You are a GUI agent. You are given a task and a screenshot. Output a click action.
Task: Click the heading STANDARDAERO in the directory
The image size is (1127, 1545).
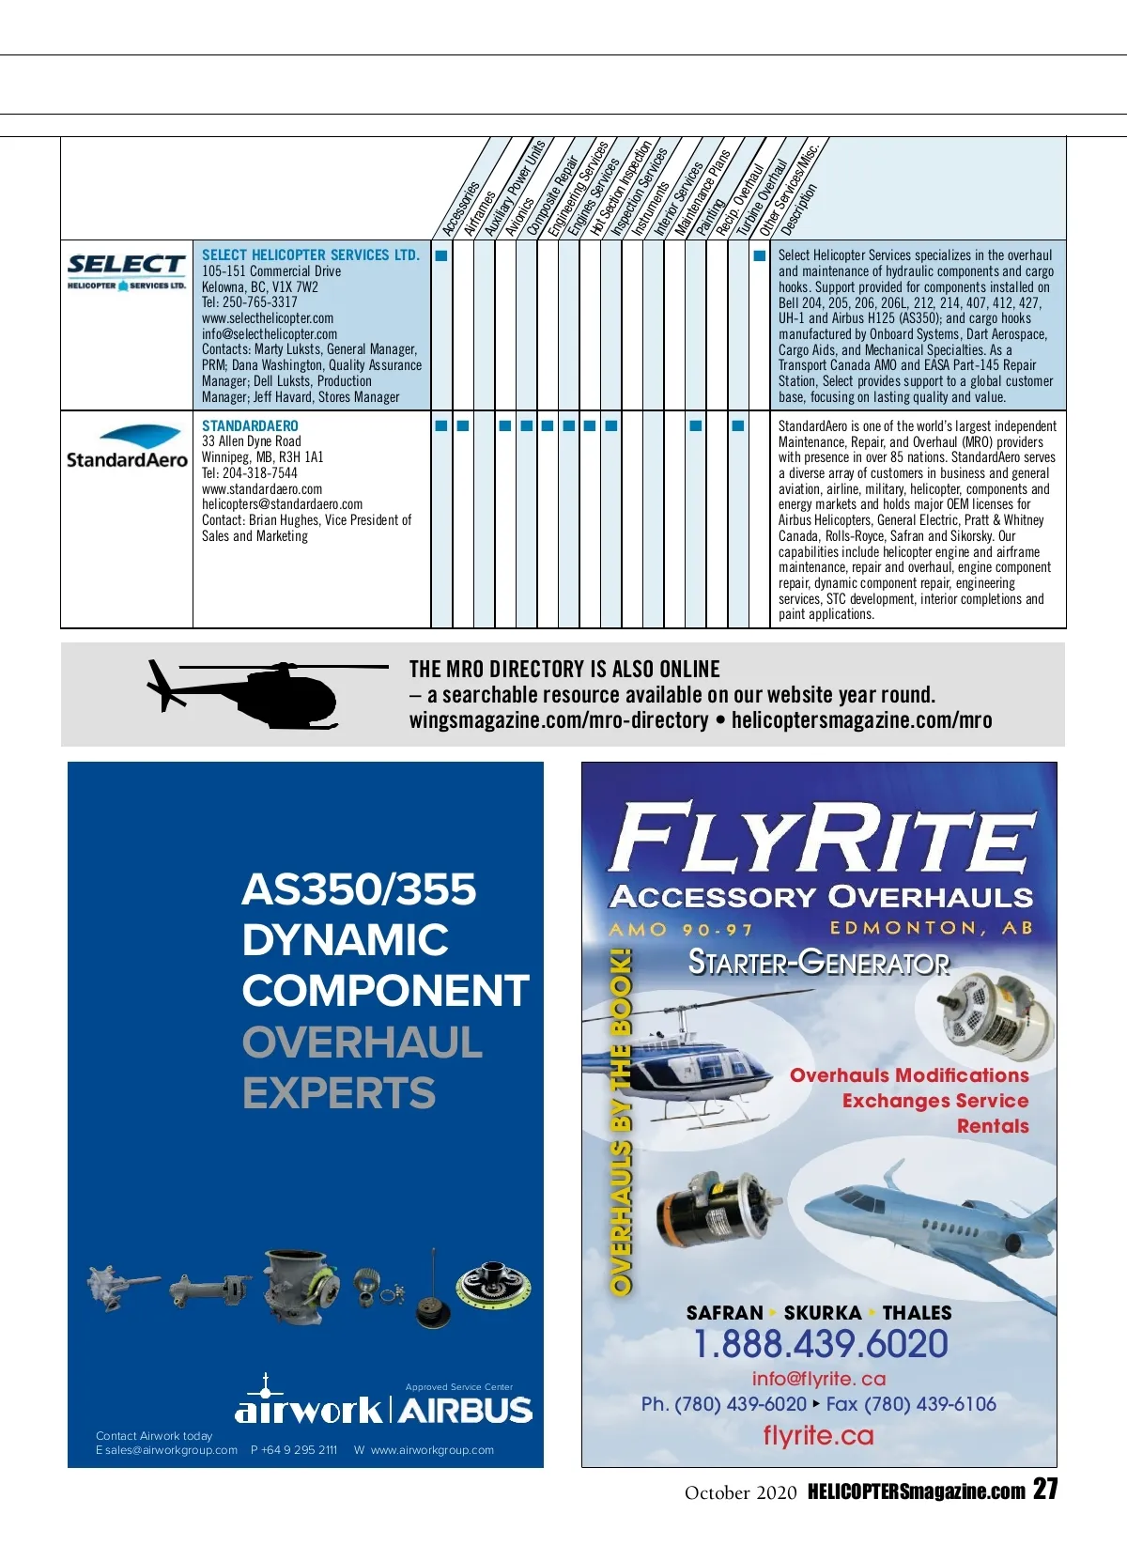pyautogui.click(x=250, y=425)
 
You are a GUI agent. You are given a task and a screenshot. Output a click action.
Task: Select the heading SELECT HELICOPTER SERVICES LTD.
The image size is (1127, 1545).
pyautogui.click(x=311, y=255)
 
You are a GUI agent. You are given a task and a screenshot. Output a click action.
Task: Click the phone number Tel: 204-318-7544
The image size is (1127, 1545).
pyautogui.click(x=250, y=473)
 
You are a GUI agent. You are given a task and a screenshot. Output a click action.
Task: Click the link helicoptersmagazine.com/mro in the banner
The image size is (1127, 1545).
pyautogui.click(x=861, y=720)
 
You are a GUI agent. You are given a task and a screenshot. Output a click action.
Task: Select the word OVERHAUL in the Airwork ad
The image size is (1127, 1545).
pyautogui.click(x=363, y=1043)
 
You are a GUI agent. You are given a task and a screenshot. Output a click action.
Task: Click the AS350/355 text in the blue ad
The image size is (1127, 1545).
pyautogui.click(x=359, y=889)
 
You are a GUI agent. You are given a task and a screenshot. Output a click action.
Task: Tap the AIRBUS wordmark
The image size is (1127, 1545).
pyautogui.click(x=466, y=1411)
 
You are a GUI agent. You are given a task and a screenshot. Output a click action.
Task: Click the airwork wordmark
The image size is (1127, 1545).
pyautogui.click(x=309, y=1410)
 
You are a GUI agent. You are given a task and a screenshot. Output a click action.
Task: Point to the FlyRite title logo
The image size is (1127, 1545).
pyautogui.click(x=822, y=838)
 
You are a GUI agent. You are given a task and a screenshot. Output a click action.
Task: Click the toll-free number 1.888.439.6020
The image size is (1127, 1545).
pyautogui.click(x=821, y=1344)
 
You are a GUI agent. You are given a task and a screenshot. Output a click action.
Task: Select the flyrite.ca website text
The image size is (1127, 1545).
pyautogui.click(x=818, y=1436)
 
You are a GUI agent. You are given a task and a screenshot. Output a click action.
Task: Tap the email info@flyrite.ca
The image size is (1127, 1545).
pyautogui.click(x=819, y=1379)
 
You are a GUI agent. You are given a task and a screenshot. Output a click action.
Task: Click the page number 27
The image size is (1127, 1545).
pyautogui.click(x=1045, y=1490)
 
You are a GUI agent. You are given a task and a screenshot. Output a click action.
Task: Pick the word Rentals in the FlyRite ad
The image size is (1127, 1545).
pyautogui.click(x=993, y=1126)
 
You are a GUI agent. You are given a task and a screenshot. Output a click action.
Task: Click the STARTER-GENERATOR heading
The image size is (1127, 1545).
pyautogui.click(x=819, y=963)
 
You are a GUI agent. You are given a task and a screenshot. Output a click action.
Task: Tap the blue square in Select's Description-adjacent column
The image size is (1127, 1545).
pyautogui.click(x=760, y=255)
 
